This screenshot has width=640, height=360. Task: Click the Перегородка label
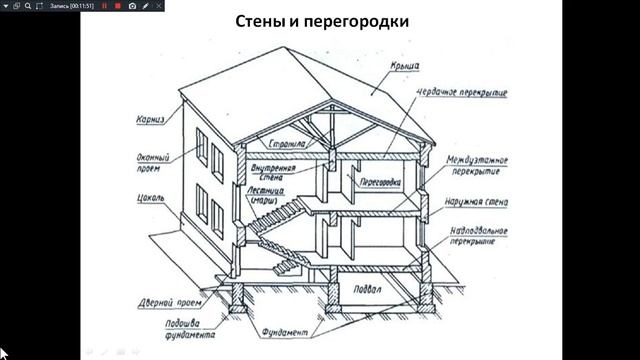click(x=366, y=184)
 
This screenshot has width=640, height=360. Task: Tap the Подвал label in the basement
click(x=365, y=290)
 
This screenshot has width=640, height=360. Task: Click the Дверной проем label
click(x=162, y=299)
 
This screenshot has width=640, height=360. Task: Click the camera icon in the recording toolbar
click(x=132, y=5)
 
